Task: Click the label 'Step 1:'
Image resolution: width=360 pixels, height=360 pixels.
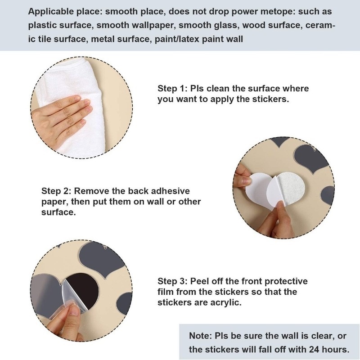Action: (x=172, y=88)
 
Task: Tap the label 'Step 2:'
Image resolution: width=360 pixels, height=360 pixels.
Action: (x=56, y=191)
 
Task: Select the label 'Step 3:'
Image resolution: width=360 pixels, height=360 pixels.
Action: (x=172, y=281)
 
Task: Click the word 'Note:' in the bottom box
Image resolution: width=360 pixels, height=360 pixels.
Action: (x=200, y=336)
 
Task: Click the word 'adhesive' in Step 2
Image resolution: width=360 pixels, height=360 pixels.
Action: (x=171, y=191)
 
